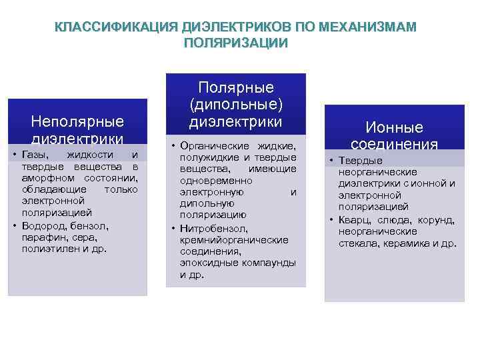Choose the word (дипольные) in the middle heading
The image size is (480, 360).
236,105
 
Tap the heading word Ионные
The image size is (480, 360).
394,128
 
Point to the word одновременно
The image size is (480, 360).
211,181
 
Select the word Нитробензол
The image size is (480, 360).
209,229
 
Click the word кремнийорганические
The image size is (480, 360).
234,240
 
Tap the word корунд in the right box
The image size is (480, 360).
439,220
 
